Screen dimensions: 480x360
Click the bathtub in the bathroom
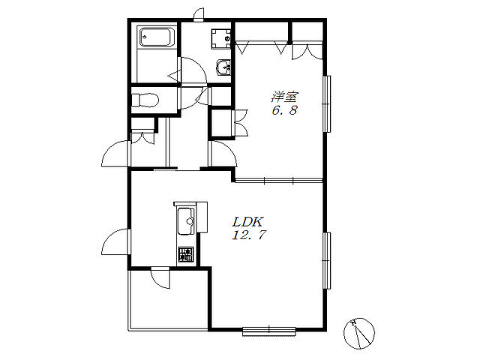pos(157,37)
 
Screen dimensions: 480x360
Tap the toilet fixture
pos(145,100)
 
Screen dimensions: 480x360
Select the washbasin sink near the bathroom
pos(223,67)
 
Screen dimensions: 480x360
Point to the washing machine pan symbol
pos(221,39)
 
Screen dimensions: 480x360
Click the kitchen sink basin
pos(186,221)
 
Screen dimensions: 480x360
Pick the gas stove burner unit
pos(186,255)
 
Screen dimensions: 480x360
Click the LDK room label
pos(247,221)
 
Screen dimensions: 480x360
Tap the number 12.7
pos(249,235)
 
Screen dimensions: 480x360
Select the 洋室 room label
pos(284,97)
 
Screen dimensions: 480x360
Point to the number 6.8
pos(285,110)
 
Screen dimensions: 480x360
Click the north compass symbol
pos(359,333)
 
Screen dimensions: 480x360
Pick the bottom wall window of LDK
pos(269,331)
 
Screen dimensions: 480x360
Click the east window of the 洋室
pos(327,103)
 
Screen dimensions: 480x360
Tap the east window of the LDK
pos(327,260)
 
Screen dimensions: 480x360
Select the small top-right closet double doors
pos(307,52)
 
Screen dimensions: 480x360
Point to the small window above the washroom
pos(198,15)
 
